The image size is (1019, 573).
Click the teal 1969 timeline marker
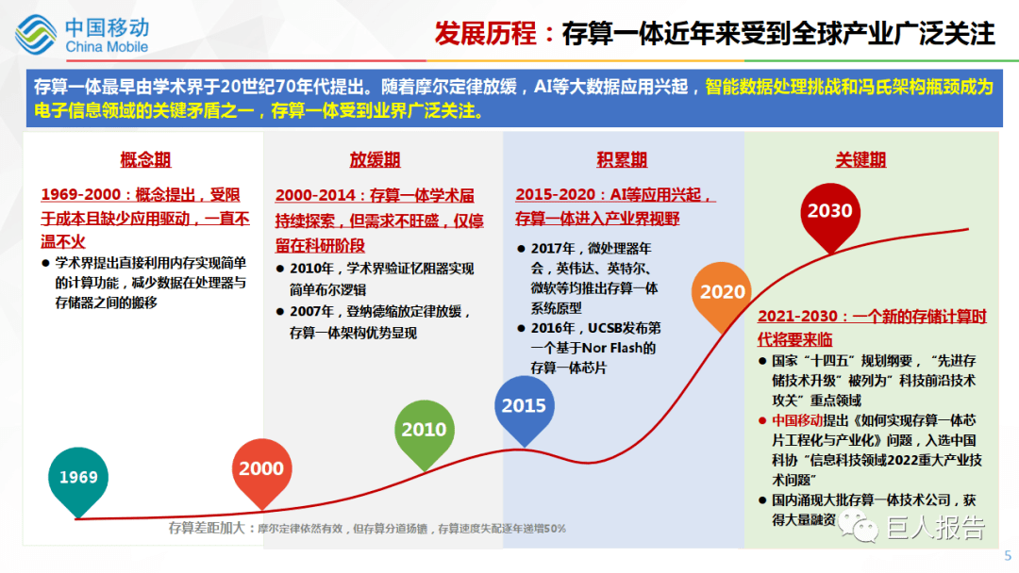point(78,478)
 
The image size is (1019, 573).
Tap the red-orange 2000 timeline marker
point(261,468)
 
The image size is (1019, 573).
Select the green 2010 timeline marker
point(424,430)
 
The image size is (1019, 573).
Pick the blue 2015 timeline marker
point(524,406)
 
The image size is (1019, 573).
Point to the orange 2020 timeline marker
point(722,292)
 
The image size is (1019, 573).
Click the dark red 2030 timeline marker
point(829,212)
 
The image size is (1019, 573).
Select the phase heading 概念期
point(145,160)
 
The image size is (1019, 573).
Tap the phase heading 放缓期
point(375,160)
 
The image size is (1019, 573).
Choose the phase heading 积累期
point(622,160)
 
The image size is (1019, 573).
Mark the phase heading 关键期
point(860,160)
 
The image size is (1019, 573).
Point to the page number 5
point(1008,555)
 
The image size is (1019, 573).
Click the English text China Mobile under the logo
point(107,47)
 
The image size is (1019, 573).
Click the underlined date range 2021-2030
point(798,318)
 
